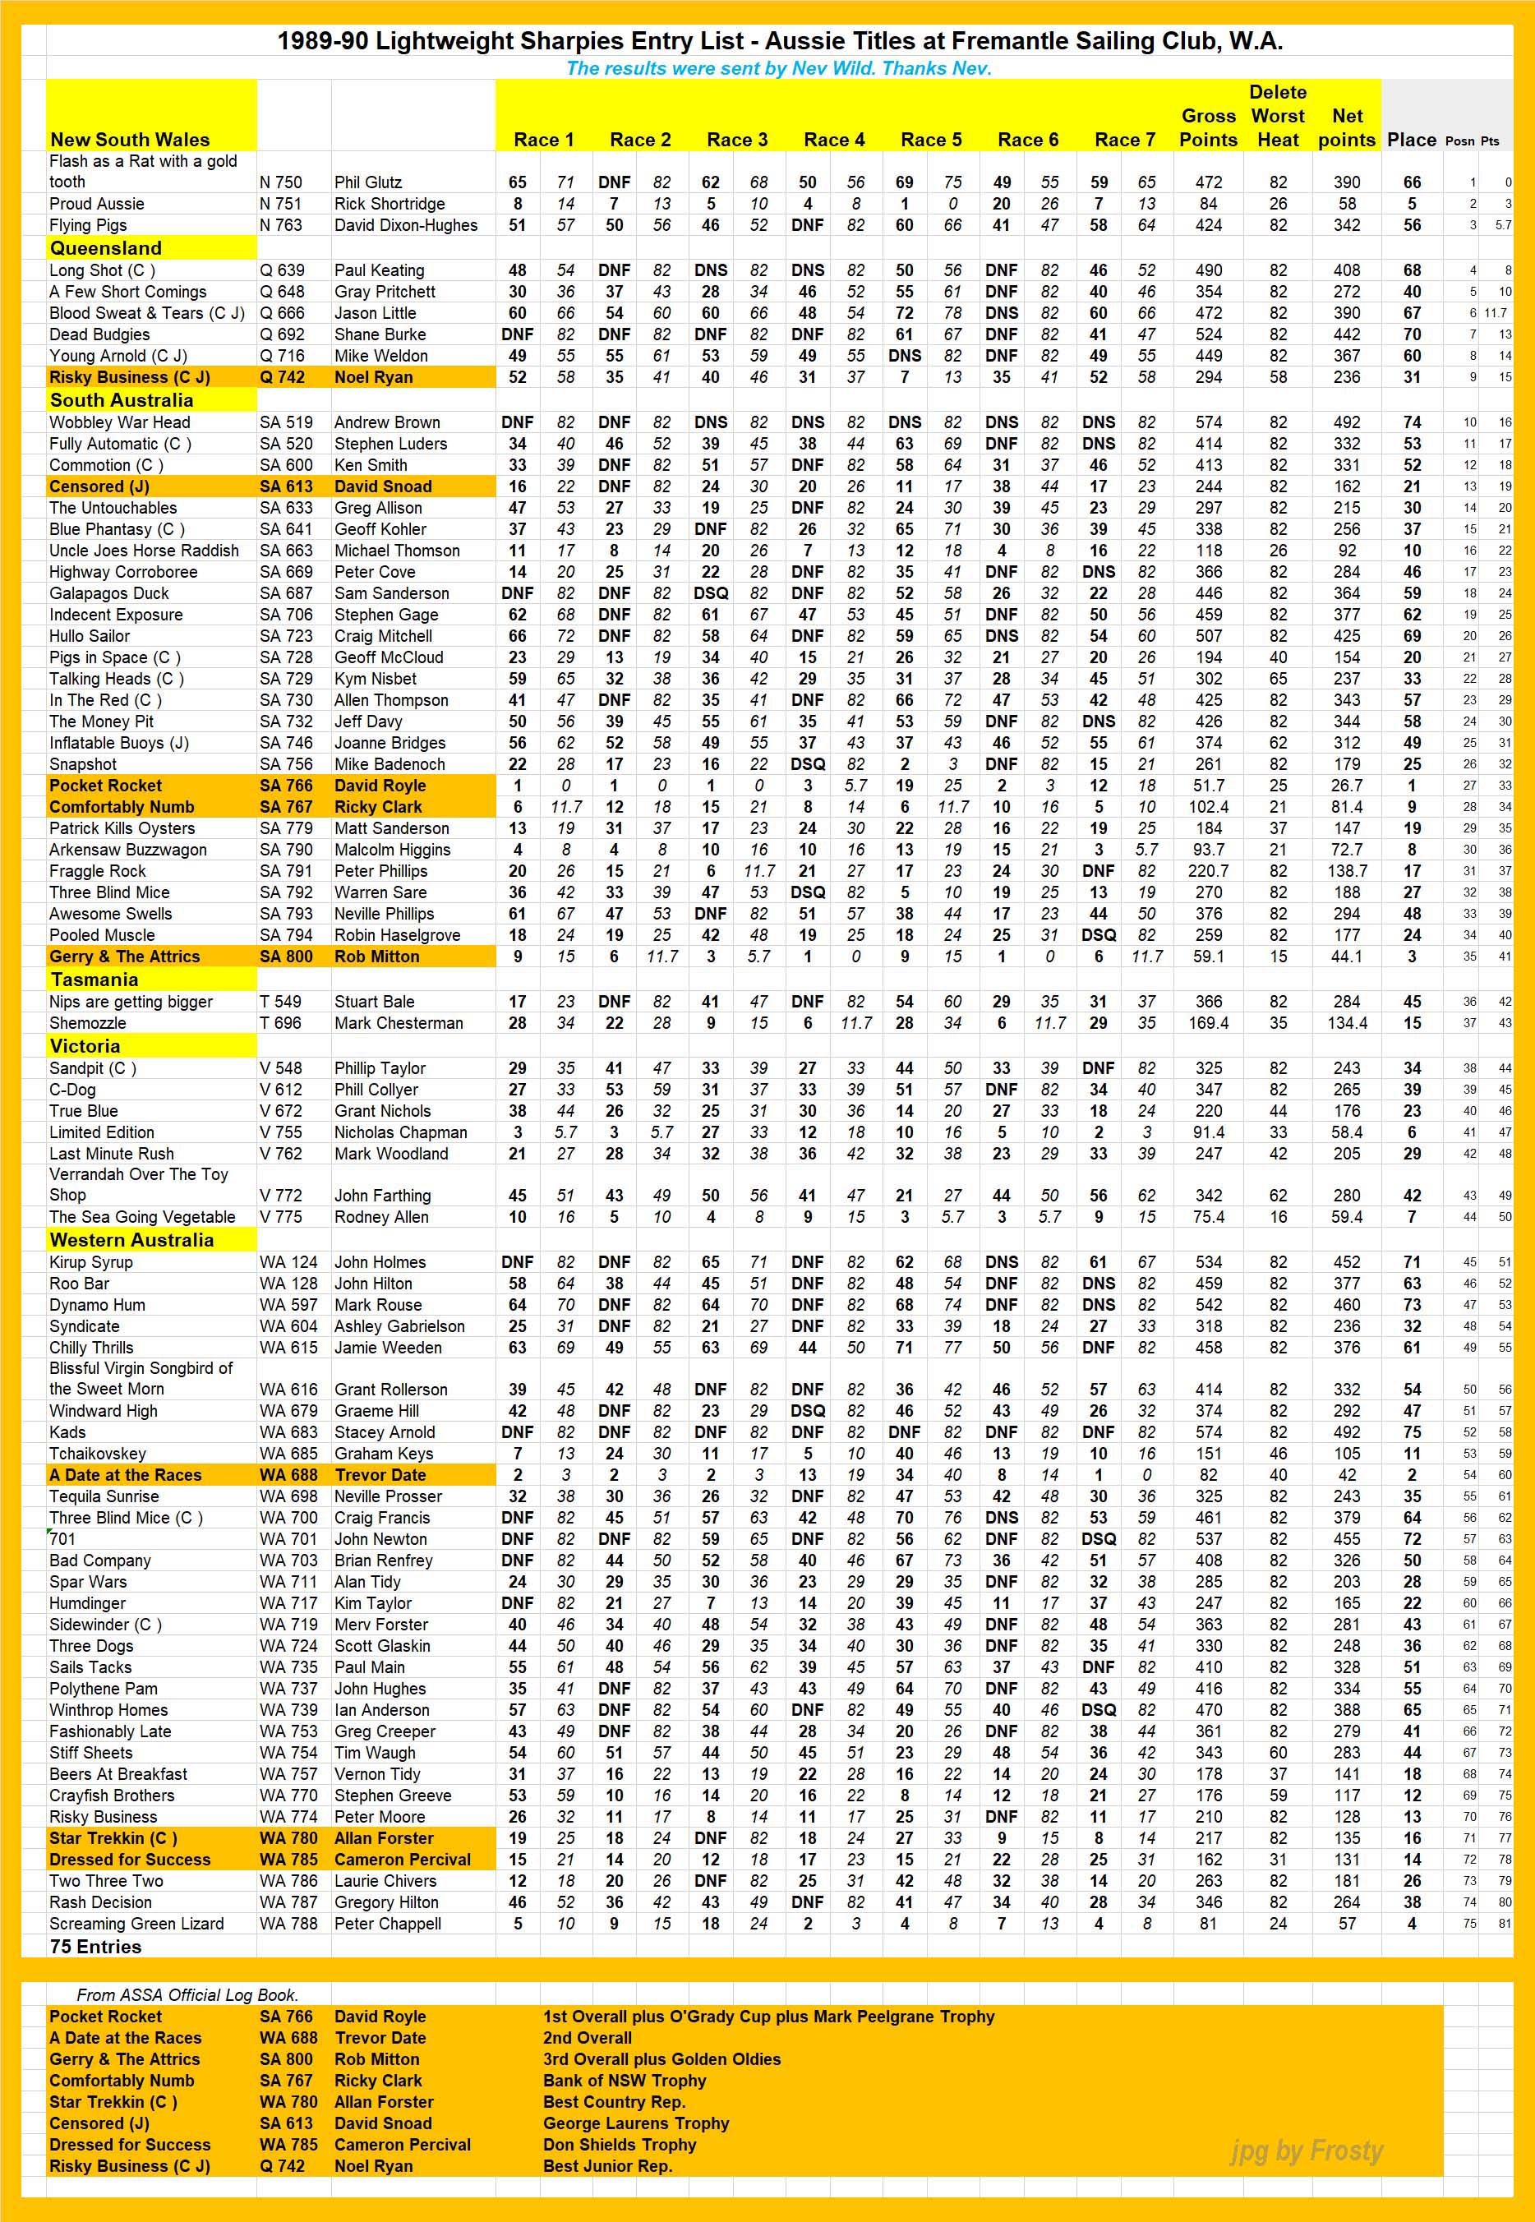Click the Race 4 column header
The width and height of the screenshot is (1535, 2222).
coord(833,140)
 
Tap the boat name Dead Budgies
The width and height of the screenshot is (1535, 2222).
coord(99,334)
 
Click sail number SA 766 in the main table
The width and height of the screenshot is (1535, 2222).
coord(286,786)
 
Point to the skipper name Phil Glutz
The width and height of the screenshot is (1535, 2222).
coord(367,182)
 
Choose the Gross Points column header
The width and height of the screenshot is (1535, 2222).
coord(1208,128)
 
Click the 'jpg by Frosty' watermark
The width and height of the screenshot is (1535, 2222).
coord(1306,2150)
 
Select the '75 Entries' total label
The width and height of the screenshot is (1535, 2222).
coord(95,1947)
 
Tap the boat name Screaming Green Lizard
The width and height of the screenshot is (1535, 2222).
coord(136,1924)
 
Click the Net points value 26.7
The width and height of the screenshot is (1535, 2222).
coord(1347,786)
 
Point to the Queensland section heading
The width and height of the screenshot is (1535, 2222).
coord(106,248)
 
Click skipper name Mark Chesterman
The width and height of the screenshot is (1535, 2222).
coord(399,1023)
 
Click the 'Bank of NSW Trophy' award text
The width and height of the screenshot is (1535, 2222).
coord(625,2081)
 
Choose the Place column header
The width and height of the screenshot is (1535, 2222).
coord(1411,140)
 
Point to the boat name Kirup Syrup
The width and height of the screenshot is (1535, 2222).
coord(90,1262)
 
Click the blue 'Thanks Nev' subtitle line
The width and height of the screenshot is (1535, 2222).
coord(778,68)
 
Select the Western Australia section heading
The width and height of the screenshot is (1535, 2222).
coord(131,1240)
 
